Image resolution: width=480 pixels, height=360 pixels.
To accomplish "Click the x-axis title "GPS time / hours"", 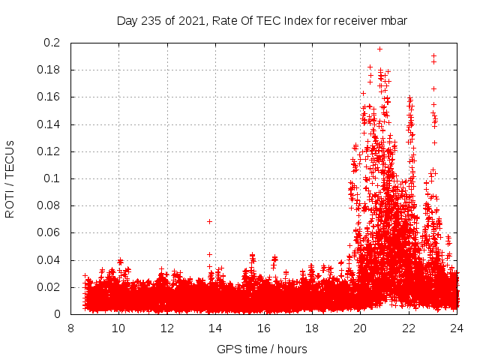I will (x=262, y=349).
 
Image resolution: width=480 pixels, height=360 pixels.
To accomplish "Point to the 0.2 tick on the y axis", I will (x=51, y=43).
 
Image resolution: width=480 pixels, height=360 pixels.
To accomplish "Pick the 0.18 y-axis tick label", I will (x=48, y=70).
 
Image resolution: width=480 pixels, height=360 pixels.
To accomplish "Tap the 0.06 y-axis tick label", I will (x=48, y=232).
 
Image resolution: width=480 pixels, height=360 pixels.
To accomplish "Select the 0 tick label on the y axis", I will (x=57, y=314).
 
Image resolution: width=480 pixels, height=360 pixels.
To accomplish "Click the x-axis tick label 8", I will (x=70, y=328).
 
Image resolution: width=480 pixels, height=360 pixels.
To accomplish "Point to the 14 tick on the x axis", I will (x=215, y=328).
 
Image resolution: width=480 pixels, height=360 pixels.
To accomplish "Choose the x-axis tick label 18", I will (x=312, y=328).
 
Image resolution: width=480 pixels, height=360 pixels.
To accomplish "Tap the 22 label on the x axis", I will (x=409, y=328).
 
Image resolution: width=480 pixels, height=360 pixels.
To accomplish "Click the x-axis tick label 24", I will (x=457, y=328).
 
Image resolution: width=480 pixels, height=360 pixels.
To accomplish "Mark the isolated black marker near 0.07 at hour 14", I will (x=209, y=221).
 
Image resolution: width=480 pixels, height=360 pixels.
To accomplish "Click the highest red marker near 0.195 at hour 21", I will (x=379, y=49).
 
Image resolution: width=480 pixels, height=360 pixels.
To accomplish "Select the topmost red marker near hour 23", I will (x=433, y=55).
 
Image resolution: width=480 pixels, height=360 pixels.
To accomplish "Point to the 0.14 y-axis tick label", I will (x=48, y=124).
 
